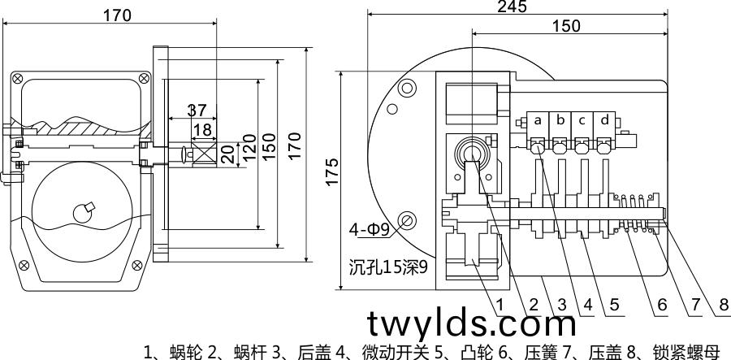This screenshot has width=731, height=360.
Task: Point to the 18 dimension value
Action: click(202, 129)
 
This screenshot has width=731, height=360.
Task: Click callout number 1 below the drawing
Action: click(500, 305)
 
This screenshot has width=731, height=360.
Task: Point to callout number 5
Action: click(615, 305)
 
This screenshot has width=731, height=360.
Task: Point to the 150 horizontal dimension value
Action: click(565, 25)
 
